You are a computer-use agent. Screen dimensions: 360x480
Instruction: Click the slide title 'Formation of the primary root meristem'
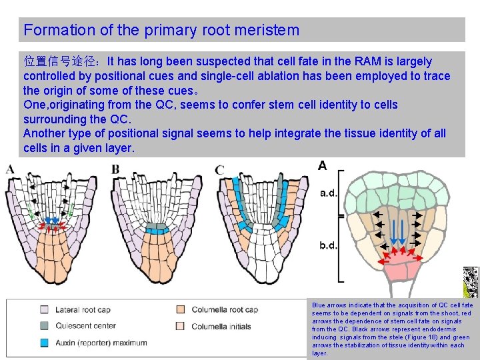[161, 30]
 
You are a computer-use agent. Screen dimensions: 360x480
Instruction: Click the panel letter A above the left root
[11, 169]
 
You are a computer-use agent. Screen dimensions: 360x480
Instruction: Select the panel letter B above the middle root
[115, 169]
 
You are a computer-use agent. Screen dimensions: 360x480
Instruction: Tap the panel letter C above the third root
[219, 170]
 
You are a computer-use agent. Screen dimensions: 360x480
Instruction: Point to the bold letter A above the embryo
[322, 165]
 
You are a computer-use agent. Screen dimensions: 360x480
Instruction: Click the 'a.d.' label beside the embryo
[329, 194]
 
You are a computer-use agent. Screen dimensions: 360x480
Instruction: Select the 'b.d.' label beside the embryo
[329, 245]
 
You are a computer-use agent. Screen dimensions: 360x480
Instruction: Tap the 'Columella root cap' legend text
[225, 310]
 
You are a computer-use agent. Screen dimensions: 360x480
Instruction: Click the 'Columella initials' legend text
[221, 326]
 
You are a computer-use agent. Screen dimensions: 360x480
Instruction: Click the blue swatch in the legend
[44, 343]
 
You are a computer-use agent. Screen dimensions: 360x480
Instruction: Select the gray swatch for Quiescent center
[44, 326]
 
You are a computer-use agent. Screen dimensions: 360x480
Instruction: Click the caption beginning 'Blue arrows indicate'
[392, 329]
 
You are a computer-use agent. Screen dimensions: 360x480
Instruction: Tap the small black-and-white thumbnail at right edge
[471, 282]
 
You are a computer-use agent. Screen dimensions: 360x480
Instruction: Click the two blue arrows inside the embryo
[398, 230]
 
